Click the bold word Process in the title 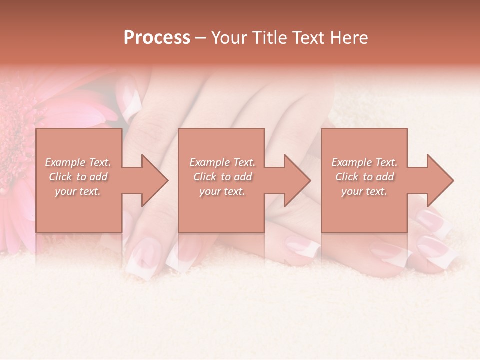pos(157,38)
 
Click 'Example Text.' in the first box pos(78,162)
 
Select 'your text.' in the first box pos(78,191)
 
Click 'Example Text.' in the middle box pos(222,162)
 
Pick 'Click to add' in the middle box pos(222,177)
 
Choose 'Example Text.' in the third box pos(364,162)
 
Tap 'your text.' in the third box pos(364,191)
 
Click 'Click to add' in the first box pos(78,177)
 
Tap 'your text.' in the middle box pos(222,191)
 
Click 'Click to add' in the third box pos(364,177)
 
